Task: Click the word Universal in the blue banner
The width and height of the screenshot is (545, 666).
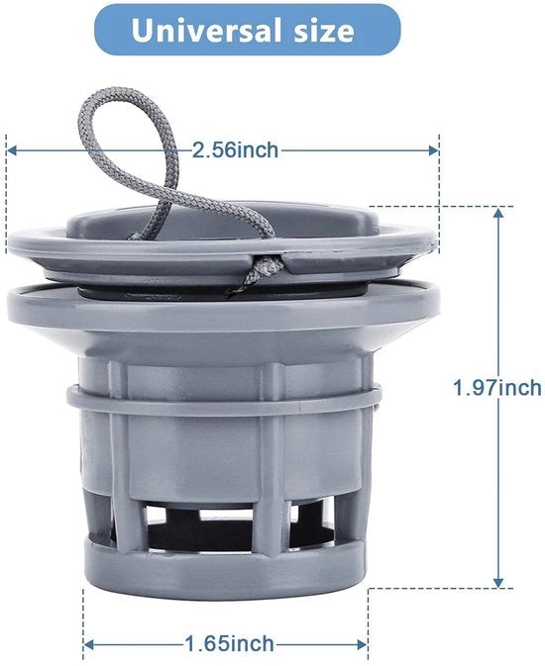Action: click(x=206, y=30)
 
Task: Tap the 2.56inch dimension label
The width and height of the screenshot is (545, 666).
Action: click(x=235, y=150)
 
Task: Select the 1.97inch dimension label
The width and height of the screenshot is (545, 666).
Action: click(x=496, y=388)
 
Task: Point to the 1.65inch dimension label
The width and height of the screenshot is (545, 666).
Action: click(x=229, y=644)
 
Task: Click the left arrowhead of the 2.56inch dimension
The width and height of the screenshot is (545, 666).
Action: click(x=12, y=150)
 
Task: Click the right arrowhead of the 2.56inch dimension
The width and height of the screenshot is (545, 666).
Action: click(x=433, y=150)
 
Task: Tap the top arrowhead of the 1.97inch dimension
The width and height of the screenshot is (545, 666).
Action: click(x=498, y=214)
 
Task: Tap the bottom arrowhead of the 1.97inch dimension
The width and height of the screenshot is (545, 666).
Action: click(x=498, y=582)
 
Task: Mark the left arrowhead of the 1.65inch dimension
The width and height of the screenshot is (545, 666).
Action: click(x=88, y=645)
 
